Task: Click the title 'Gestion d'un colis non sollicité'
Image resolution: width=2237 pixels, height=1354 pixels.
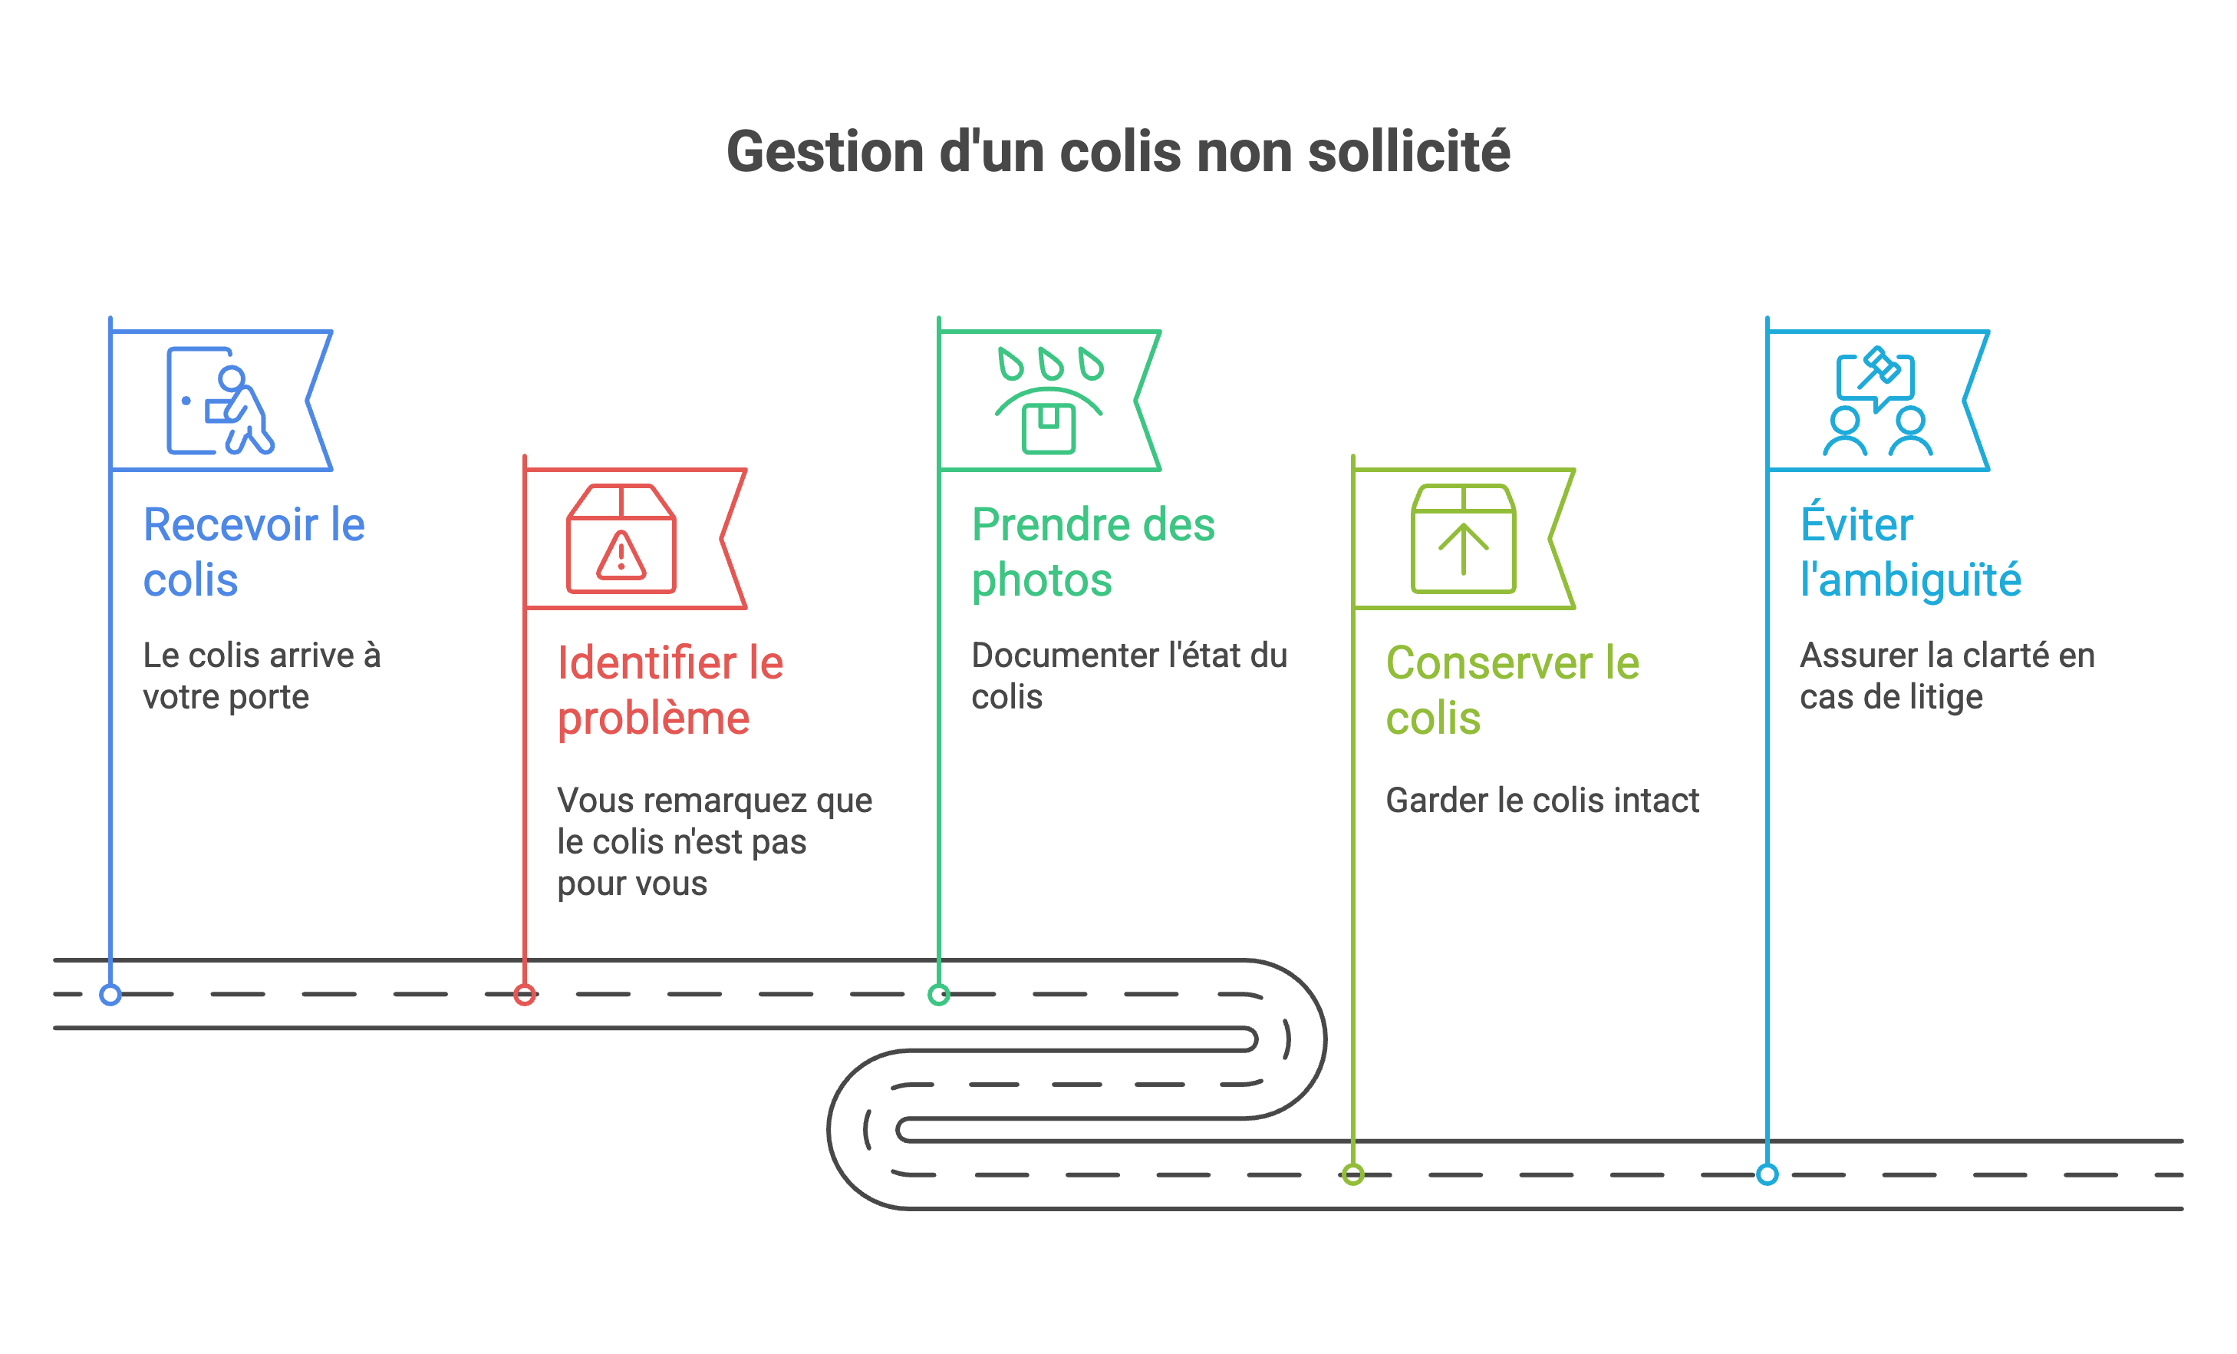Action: click(1118, 152)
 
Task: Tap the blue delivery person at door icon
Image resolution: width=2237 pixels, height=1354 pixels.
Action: click(219, 401)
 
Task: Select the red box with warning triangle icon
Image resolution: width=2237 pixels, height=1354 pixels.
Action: click(621, 540)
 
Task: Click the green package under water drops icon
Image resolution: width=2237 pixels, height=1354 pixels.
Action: click(1049, 401)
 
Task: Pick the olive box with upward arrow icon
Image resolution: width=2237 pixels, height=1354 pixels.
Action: click(1463, 540)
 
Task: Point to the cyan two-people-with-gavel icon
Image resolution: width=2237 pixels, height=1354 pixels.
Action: click(1877, 401)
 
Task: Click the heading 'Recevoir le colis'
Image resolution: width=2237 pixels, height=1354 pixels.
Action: click(253, 551)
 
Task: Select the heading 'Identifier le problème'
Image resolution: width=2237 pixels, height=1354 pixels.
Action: click(670, 690)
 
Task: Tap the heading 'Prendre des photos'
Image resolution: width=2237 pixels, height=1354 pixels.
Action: click(1092, 551)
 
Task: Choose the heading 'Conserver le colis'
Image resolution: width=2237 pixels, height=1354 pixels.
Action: click(1513, 690)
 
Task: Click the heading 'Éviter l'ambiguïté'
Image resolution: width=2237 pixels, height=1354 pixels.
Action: click(1910, 551)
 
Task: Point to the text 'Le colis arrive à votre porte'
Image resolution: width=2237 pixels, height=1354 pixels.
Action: click(262, 675)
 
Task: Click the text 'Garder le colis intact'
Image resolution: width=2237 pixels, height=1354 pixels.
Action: click(1541, 800)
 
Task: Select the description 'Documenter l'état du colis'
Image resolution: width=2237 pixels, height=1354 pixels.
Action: click(1128, 675)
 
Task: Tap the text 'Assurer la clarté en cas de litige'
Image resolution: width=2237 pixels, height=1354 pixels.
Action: click(1946, 675)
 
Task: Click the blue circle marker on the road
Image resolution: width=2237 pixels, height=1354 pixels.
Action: click(110, 994)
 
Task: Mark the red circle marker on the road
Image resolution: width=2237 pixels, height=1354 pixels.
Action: click(525, 994)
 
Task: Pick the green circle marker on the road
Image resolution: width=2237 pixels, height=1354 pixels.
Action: click(939, 994)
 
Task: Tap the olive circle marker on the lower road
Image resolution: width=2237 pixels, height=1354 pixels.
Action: click(1352, 1174)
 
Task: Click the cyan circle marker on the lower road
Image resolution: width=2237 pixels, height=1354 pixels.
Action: click(1767, 1174)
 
